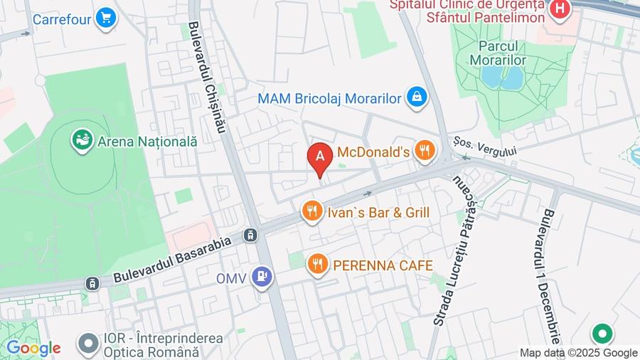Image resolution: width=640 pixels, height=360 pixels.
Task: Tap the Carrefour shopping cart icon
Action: [107, 18]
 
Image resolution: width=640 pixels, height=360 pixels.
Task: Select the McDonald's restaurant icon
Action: [425, 150]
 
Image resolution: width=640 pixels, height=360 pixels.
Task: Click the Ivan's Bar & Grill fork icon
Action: [311, 211]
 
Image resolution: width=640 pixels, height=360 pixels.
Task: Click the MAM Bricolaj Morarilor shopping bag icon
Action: [417, 97]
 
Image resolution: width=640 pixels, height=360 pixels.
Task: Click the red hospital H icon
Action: [560, 9]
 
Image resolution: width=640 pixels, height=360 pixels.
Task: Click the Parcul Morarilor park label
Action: [498, 53]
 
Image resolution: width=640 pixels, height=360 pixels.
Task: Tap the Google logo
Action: [33, 348]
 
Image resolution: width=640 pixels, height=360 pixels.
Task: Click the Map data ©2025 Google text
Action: [578, 353]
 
